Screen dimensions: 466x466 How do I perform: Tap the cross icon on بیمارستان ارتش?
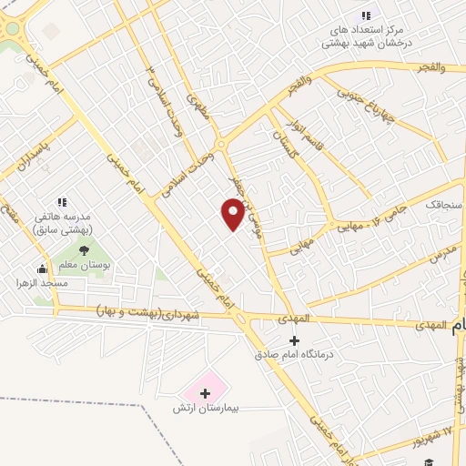tap(205, 393)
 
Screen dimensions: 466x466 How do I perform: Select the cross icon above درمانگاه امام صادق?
tap(294, 340)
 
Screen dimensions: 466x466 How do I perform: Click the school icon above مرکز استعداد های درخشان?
tap(366, 15)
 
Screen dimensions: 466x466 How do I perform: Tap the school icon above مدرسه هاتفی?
tap(62, 202)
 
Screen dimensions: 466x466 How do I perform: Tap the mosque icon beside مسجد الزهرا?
tap(42, 268)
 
